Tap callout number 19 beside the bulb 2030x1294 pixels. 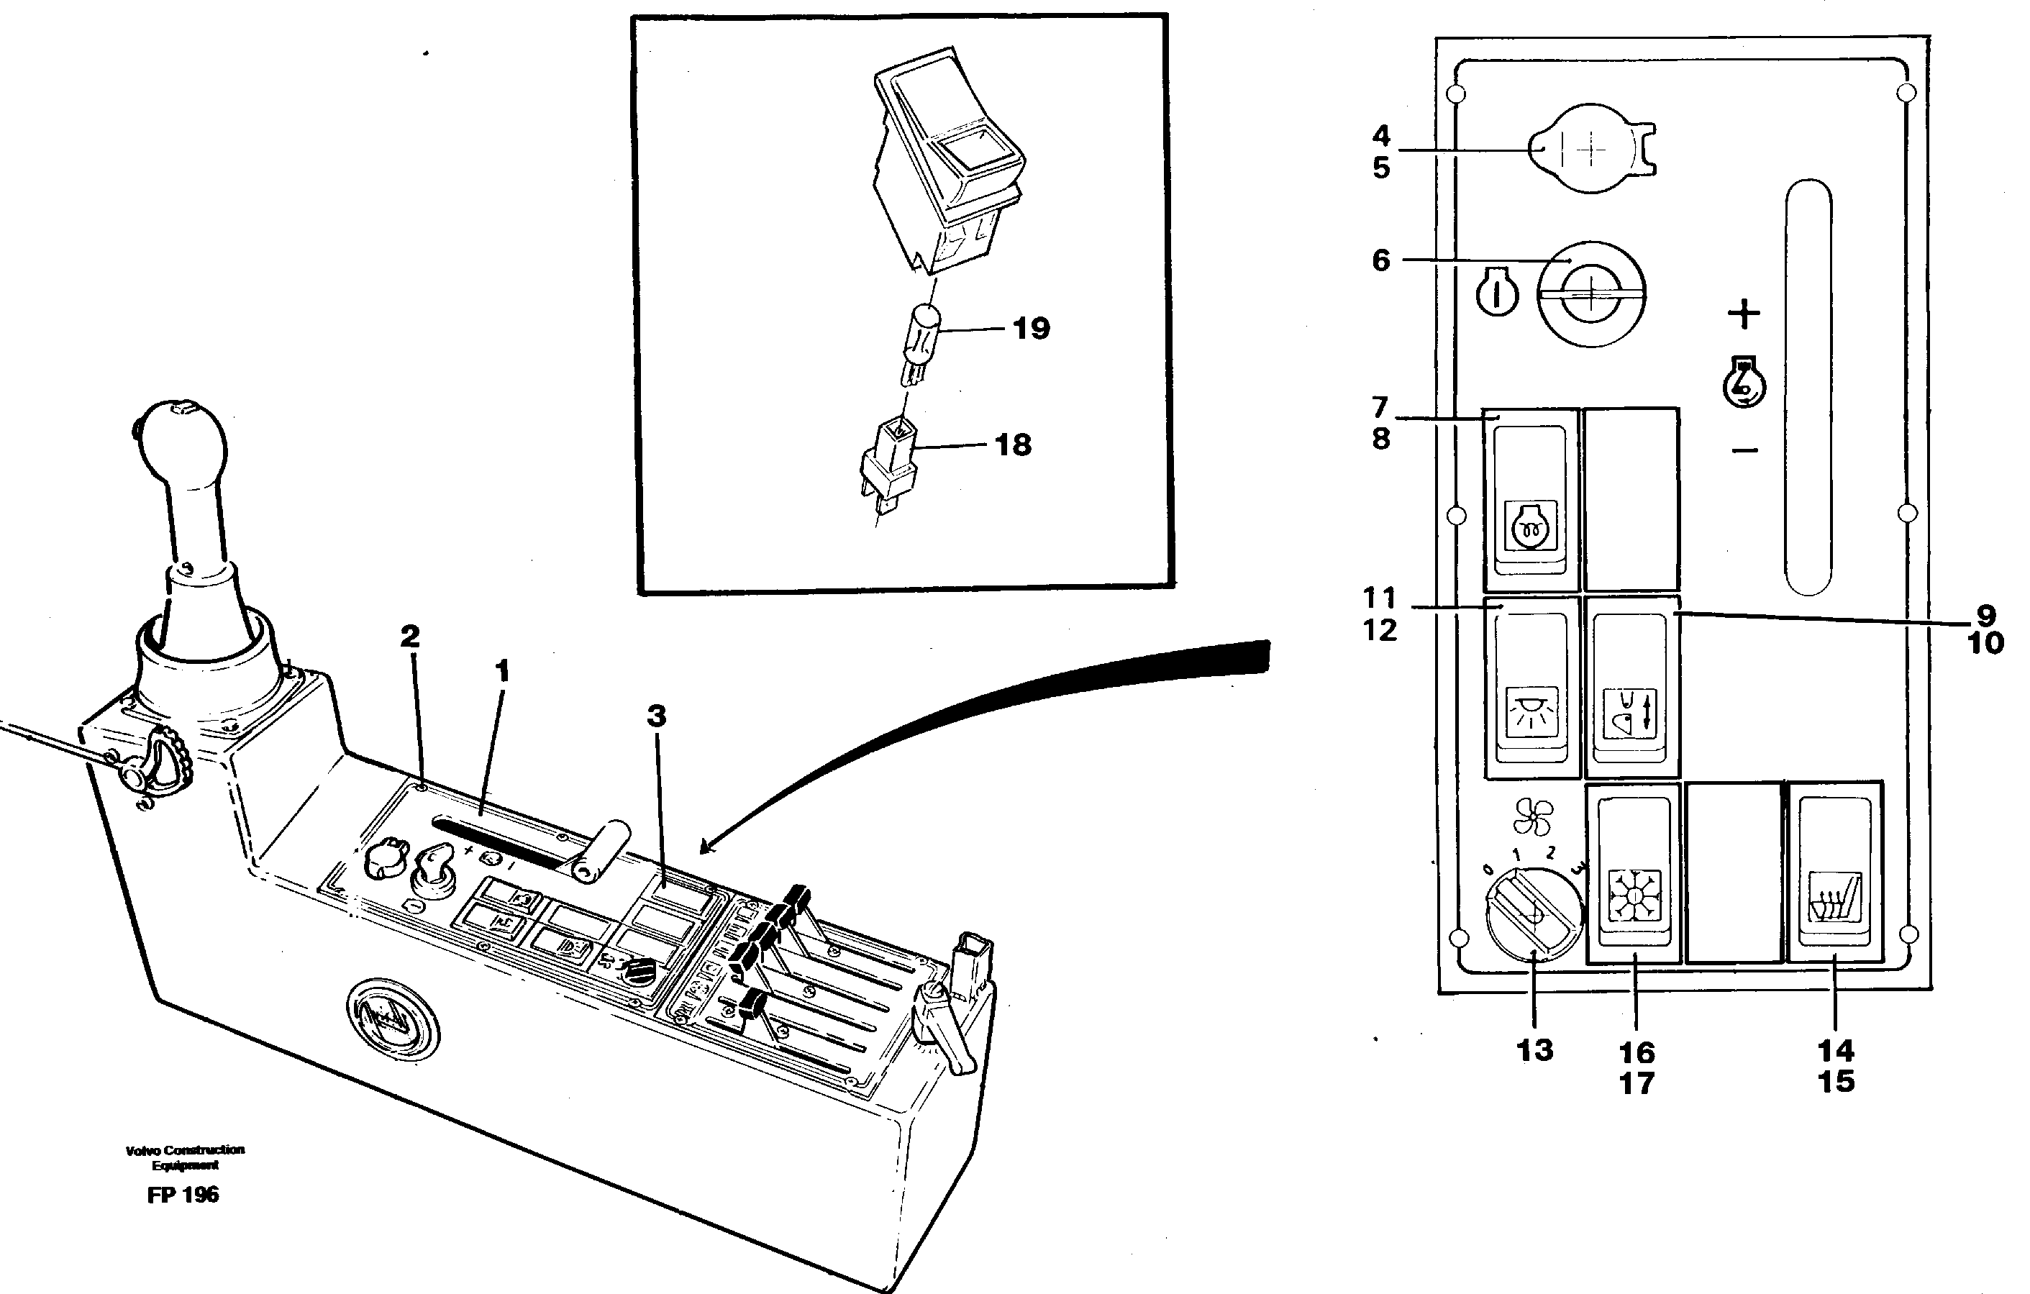(1031, 328)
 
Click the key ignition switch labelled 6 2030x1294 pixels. (1590, 294)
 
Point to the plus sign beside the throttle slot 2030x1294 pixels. (1744, 314)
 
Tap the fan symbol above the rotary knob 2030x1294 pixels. (1531, 816)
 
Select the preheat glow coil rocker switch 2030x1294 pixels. (1530, 501)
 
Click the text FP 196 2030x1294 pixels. (182, 1195)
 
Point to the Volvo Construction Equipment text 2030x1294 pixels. (185, 1157)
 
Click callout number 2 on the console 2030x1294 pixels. (410, 637)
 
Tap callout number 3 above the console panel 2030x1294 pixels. (656, 716)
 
